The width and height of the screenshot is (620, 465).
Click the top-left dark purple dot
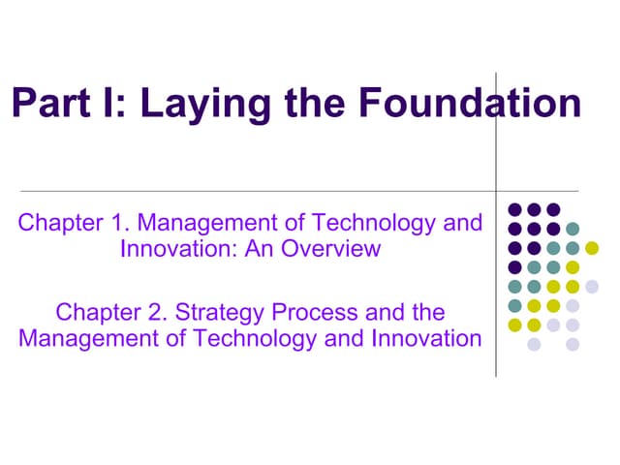[514, 209]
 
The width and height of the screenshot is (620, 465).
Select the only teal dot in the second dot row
[573, 229]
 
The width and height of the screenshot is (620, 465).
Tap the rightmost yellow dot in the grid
[592, 248]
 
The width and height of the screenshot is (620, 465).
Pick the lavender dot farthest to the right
[592, 286]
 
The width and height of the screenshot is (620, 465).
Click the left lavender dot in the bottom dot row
[534, 344]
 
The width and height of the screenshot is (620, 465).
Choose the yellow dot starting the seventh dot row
[514, 325]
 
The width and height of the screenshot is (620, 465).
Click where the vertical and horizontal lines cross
[496, 190]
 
